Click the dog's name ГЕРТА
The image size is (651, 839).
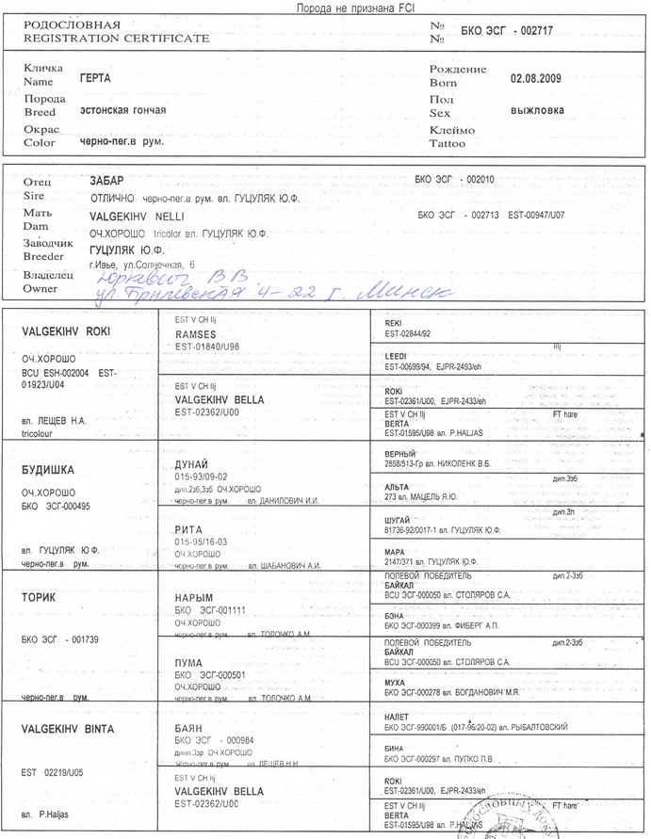96,79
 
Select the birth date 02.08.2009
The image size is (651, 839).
535,78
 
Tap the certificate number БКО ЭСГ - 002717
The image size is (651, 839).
507,31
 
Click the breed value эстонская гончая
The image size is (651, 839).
122,110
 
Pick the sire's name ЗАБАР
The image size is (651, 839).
106,179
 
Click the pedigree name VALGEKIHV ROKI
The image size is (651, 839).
66,331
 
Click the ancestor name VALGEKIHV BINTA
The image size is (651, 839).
68,729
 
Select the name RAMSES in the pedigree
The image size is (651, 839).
196,334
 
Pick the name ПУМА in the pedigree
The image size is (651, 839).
189,662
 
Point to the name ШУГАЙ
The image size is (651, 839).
399,519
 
